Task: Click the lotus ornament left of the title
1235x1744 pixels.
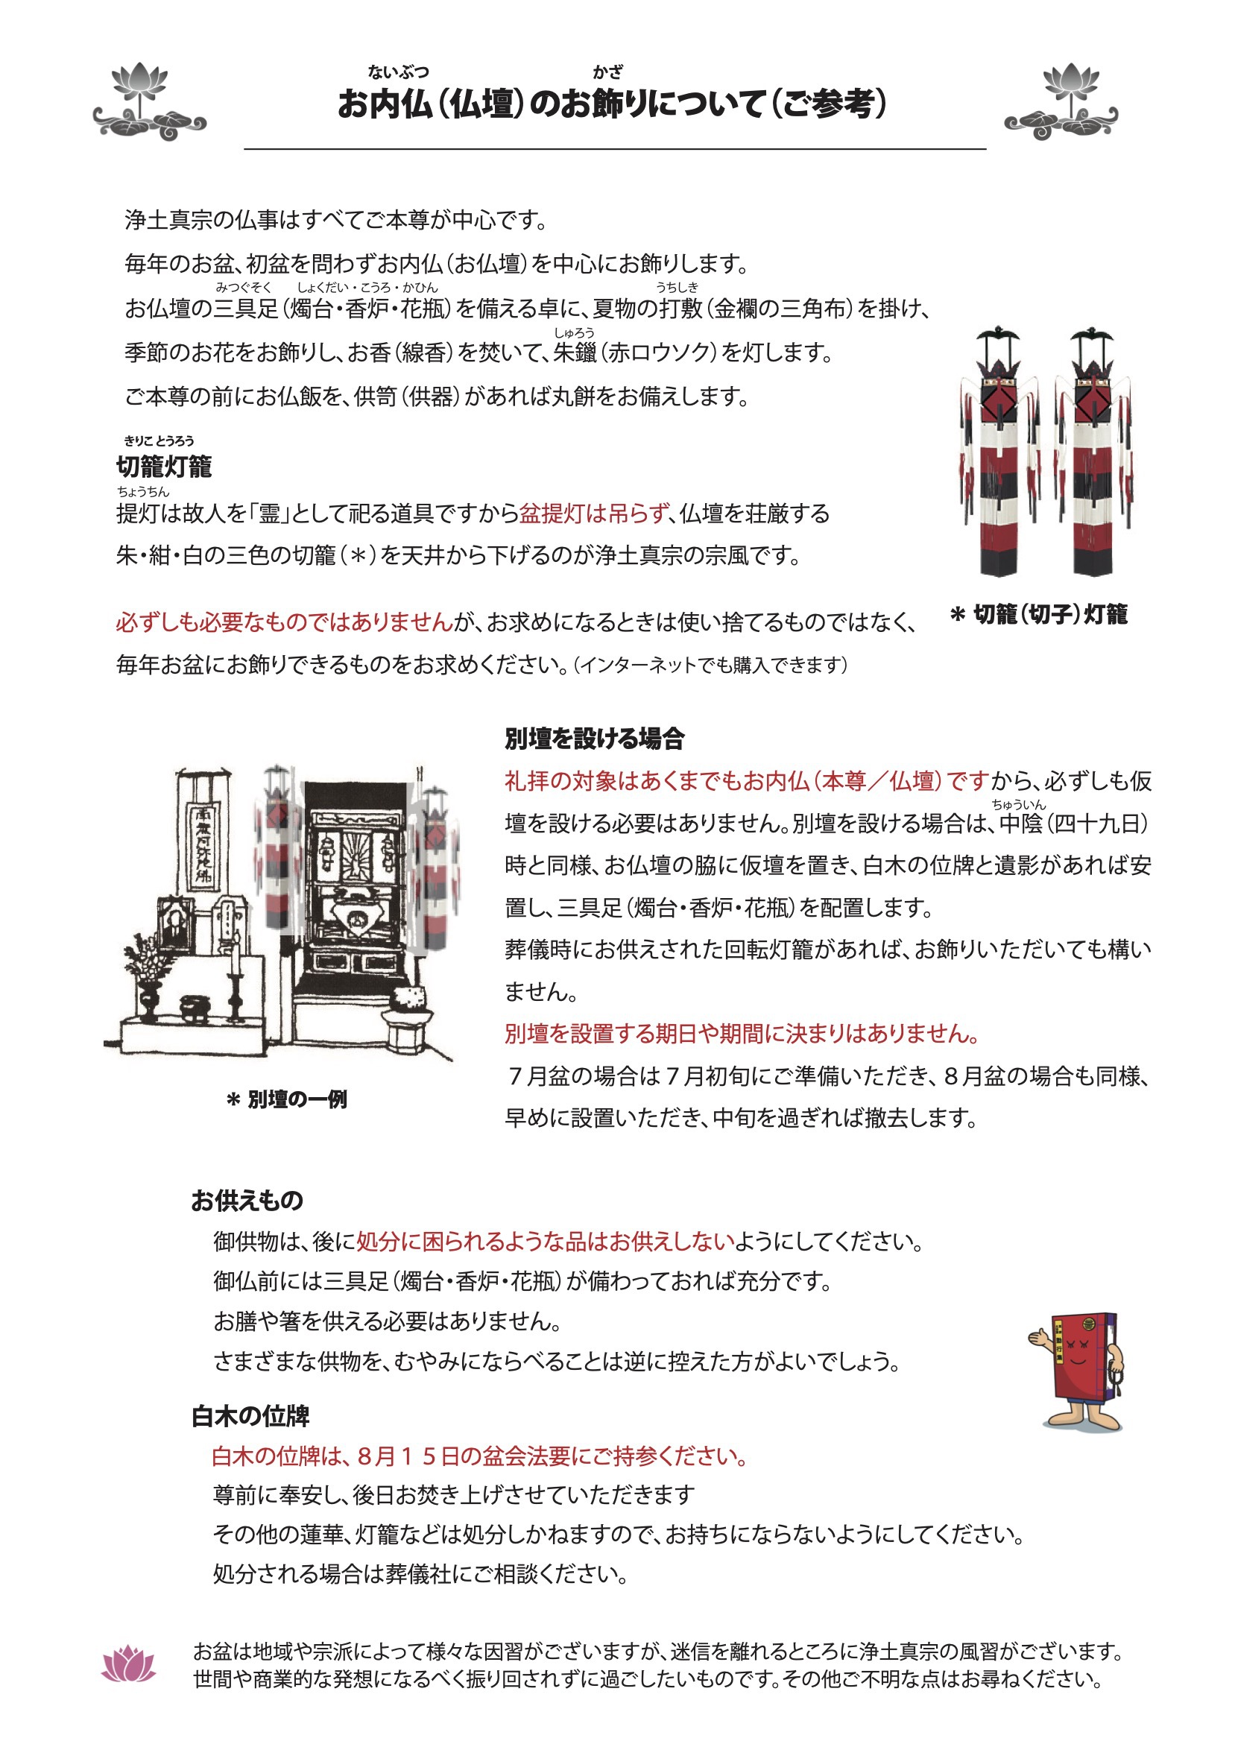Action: coord(149,103)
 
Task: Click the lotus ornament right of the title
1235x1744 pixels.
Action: coord(1061,103)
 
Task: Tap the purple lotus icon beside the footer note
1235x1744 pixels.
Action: coord(128,1664)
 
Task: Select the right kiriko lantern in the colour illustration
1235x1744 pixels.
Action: coord(1093,452)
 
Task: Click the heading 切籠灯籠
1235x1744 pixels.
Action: coord(163,466)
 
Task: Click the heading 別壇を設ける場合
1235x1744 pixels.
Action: coord(595,738)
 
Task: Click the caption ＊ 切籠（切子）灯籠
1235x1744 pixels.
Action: coord(1039,614)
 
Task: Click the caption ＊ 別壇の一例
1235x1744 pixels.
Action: coord(287,1099)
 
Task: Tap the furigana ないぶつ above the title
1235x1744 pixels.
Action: coord(398,72)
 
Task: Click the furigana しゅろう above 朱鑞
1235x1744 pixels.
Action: coord(574,332)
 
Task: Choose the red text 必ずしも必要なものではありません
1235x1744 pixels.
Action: coord(285,622)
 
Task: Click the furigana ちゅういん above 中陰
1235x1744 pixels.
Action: coord(1018,804)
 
